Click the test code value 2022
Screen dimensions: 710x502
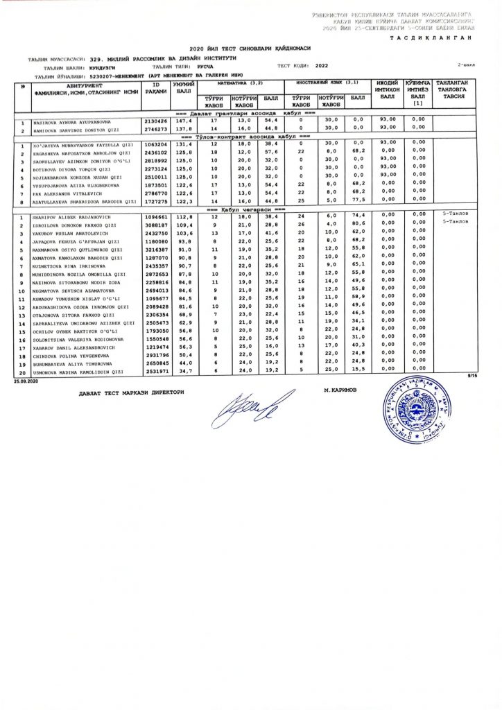pyautogui.click(x=322, y=66)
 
